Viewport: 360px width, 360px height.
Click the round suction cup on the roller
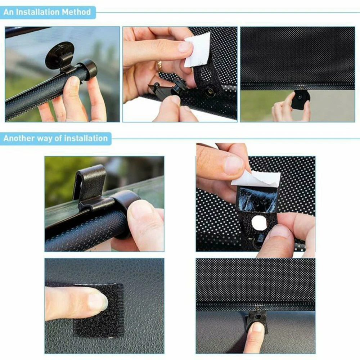coord(60,54)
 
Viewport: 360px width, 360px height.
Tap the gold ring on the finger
coord(159,66)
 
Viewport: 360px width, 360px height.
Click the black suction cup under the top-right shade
coord(300,98)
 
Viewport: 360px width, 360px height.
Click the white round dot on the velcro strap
coord(259,224)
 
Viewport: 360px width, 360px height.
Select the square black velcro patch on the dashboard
coord(99,310)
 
